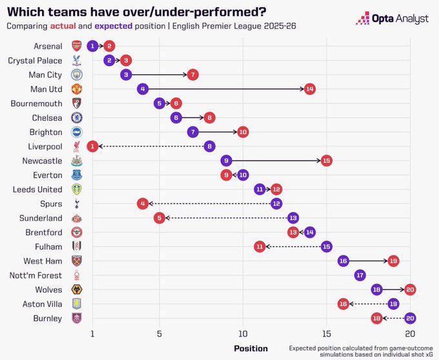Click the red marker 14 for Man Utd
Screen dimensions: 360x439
(x=310, y=89)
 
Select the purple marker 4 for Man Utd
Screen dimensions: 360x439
(x=143, y=89)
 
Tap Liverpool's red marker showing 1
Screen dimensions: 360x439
(x=92, y=146)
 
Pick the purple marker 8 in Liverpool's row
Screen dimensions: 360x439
(x=209, y=146)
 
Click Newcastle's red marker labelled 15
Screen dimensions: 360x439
(x=327, y=160)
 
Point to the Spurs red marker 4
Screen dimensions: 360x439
(x=143, y=204)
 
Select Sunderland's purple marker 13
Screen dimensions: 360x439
(x=293, y=218)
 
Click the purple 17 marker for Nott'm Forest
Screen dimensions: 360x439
(x=360, y=275)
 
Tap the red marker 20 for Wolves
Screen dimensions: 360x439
(x=410, y=290)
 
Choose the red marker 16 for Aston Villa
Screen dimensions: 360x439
(x=343, y=304)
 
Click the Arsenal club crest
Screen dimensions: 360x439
(x=76, y=46)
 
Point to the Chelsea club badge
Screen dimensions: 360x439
(x=76, y=118)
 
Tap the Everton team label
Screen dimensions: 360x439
(x=47, y=175)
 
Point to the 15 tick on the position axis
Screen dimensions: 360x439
(x=327, y=334)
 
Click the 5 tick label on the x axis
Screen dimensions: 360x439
(x=159, y=334)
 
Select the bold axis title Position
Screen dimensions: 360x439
(x=250, y=348)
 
